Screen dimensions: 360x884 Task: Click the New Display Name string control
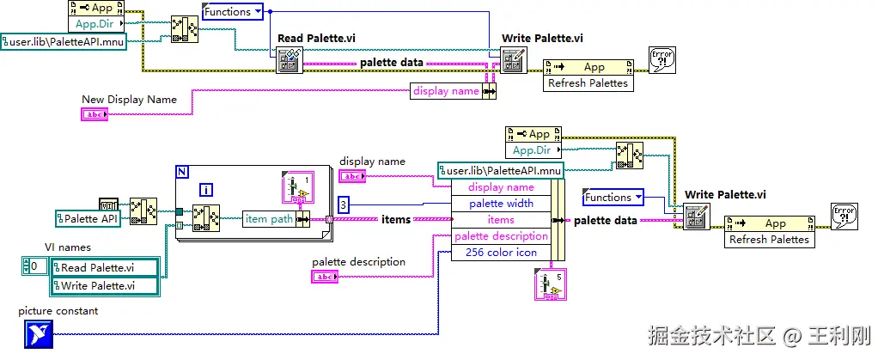[x=94, y=114]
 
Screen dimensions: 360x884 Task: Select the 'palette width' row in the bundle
[x=501, y=204]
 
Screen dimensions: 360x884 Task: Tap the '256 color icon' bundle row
[x=501, y=253]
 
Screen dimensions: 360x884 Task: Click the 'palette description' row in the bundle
[x=501, y=236]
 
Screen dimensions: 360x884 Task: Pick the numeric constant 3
[x=343, y=204]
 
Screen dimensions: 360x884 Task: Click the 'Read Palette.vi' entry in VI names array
[x=104, y=267]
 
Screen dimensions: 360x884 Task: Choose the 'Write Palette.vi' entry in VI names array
[x=104, y=285]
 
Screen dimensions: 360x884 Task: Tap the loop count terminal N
[x=181, y=171]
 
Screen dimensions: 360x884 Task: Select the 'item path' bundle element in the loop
[x=269, y=219]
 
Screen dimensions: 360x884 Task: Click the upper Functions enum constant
[x=233, y=11]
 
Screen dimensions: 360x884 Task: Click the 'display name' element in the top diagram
[x=446, y=90]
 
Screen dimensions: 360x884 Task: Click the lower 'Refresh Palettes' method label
[x=769, y=240]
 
